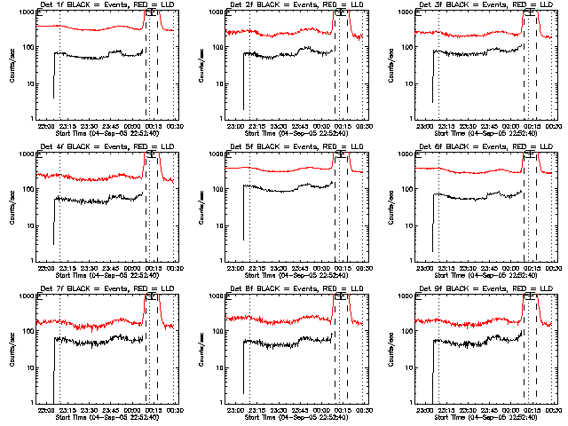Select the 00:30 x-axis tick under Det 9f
[x=553, y=410]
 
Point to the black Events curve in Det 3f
[x=475, y=54]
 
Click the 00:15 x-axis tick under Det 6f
[x=532, y=268]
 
